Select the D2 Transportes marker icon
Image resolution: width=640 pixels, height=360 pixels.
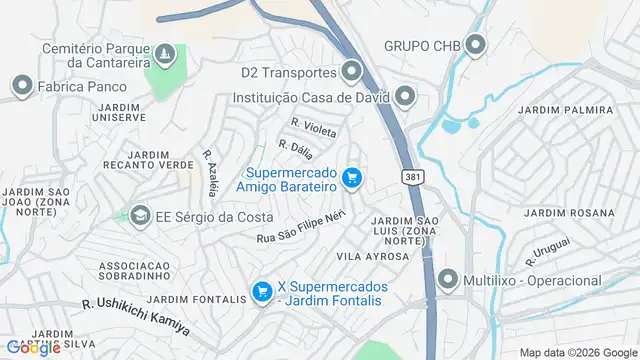(351, 72)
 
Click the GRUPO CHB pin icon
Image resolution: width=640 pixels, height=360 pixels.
(474, 45)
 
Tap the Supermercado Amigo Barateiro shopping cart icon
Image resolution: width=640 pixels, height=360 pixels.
(351, 179)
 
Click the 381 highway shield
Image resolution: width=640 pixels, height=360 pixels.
(412, 177)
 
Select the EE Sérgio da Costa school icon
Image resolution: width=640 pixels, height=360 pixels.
(140, 215)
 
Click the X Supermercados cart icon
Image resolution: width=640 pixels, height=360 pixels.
(262, 291)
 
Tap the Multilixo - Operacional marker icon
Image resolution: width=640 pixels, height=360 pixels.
(449, 280)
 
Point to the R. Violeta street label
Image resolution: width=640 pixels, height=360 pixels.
(313, 128)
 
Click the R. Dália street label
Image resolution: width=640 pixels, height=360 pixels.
(296, 150)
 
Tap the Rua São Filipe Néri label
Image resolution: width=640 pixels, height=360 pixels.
(301, 225)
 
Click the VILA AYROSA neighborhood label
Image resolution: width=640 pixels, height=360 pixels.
(373, 257)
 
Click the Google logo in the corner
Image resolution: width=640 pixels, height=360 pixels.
(32, 348)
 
